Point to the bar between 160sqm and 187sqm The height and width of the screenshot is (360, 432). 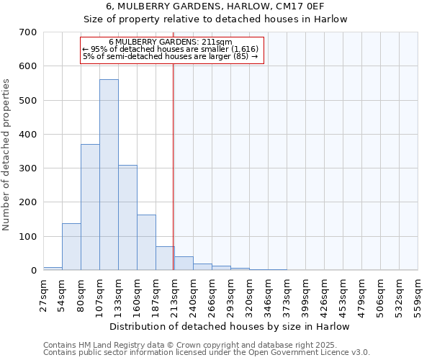pos(146,243)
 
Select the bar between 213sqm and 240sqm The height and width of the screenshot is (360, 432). pos(184,264)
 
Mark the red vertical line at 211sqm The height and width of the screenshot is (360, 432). pos(174,166)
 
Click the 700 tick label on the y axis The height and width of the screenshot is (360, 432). pos(28,32)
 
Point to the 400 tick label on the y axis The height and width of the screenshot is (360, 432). pos(28,135)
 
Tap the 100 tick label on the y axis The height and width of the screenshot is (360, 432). pos(28,237)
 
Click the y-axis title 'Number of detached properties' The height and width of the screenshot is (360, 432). pos(7,156)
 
